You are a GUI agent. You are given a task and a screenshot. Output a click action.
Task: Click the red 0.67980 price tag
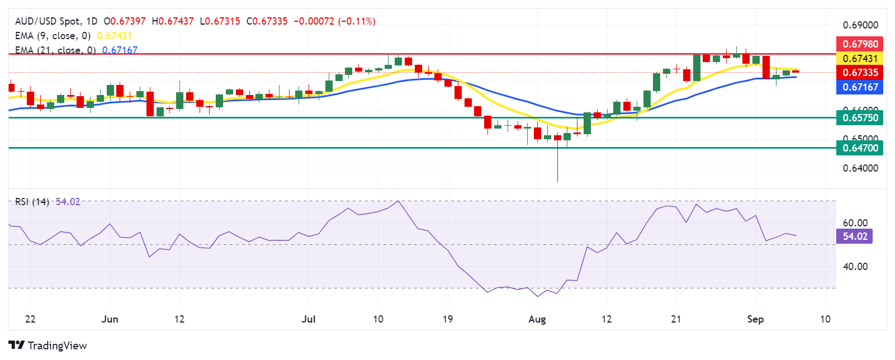pos(860,44)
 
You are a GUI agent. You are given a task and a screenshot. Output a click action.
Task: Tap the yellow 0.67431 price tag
pos(860,58)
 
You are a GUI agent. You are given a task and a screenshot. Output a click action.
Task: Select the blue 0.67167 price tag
pos(860,87)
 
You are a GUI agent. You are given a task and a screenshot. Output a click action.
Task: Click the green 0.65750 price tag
pos(860,117)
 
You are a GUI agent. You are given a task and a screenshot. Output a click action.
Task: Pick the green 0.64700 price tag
pos(860,148)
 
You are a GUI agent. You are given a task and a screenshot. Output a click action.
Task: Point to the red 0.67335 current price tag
pos(860,72)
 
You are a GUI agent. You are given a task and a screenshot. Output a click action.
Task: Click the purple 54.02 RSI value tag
pos(855,236)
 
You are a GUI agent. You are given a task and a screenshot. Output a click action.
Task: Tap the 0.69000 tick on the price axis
pos(860,25)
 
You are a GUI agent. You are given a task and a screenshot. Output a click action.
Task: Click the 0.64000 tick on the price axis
pos(860,168)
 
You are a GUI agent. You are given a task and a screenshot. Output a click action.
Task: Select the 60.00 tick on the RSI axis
pos(855,222)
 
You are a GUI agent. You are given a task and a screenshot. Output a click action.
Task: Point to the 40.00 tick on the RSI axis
pos(855,266)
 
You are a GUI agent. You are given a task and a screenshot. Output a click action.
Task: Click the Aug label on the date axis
pos(537,319)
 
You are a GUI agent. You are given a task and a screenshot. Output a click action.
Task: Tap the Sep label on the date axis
pos(755,319)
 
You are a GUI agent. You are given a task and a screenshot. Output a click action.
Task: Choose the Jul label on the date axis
pos(308,319)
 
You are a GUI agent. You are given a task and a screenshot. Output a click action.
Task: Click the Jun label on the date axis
pos(110,319)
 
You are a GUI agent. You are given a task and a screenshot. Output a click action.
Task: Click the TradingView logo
pos(48,345)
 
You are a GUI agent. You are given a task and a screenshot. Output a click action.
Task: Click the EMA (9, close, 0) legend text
pos(53,36)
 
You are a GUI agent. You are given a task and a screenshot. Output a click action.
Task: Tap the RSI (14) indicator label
pos(32,202)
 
